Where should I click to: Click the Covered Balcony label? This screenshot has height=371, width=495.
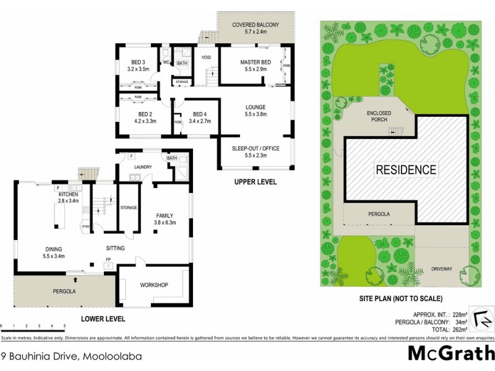[256, 25]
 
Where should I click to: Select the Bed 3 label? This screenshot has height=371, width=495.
[138, 62]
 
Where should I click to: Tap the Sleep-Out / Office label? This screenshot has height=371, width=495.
[255, 149]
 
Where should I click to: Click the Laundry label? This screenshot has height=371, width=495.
[143, 166]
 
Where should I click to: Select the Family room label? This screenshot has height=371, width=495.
[165, 215]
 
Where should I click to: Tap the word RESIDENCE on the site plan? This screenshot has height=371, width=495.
[405, 169]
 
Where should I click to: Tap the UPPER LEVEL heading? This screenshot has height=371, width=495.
[255, 182]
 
